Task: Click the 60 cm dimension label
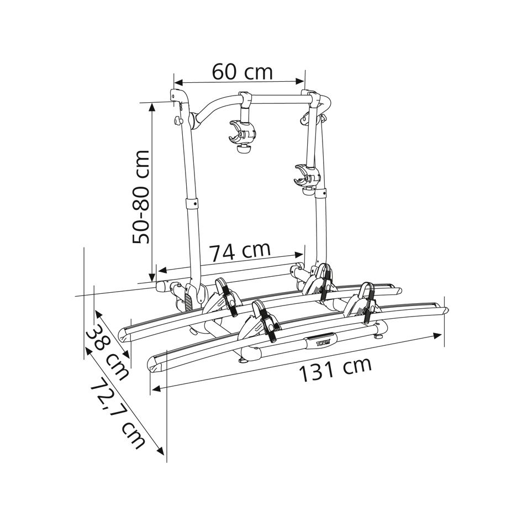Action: pos(242,72)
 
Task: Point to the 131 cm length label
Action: pos(335,369)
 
